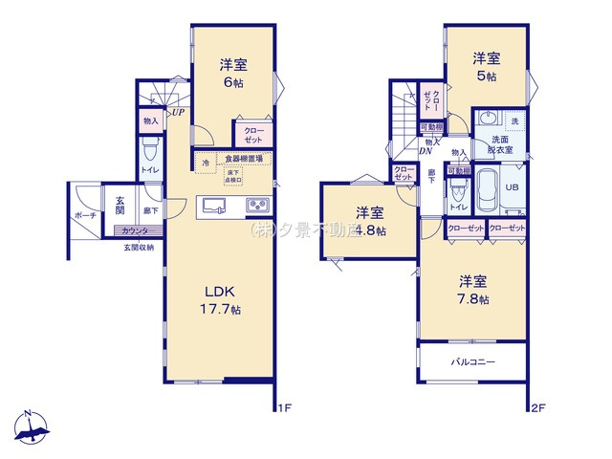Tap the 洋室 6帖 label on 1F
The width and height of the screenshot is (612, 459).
point(234,73)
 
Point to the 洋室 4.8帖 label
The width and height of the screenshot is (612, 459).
point(369,221)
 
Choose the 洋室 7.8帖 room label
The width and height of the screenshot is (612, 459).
point(472,290)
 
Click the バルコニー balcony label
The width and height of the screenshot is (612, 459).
point(472,363)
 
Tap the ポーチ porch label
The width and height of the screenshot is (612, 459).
point(84,216)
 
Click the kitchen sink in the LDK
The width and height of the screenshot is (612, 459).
point(212,206)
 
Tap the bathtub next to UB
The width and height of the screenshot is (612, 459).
point(483,188)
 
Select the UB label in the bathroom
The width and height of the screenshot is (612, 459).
point(511,188)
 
